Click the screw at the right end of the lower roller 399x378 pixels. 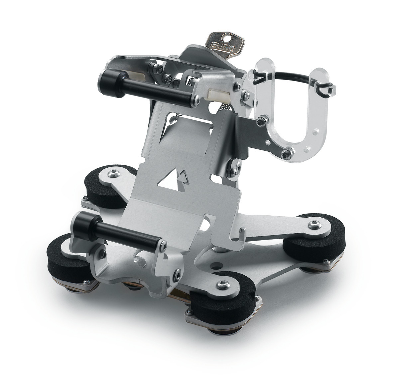pyautogui.click(x=163, y=245)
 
